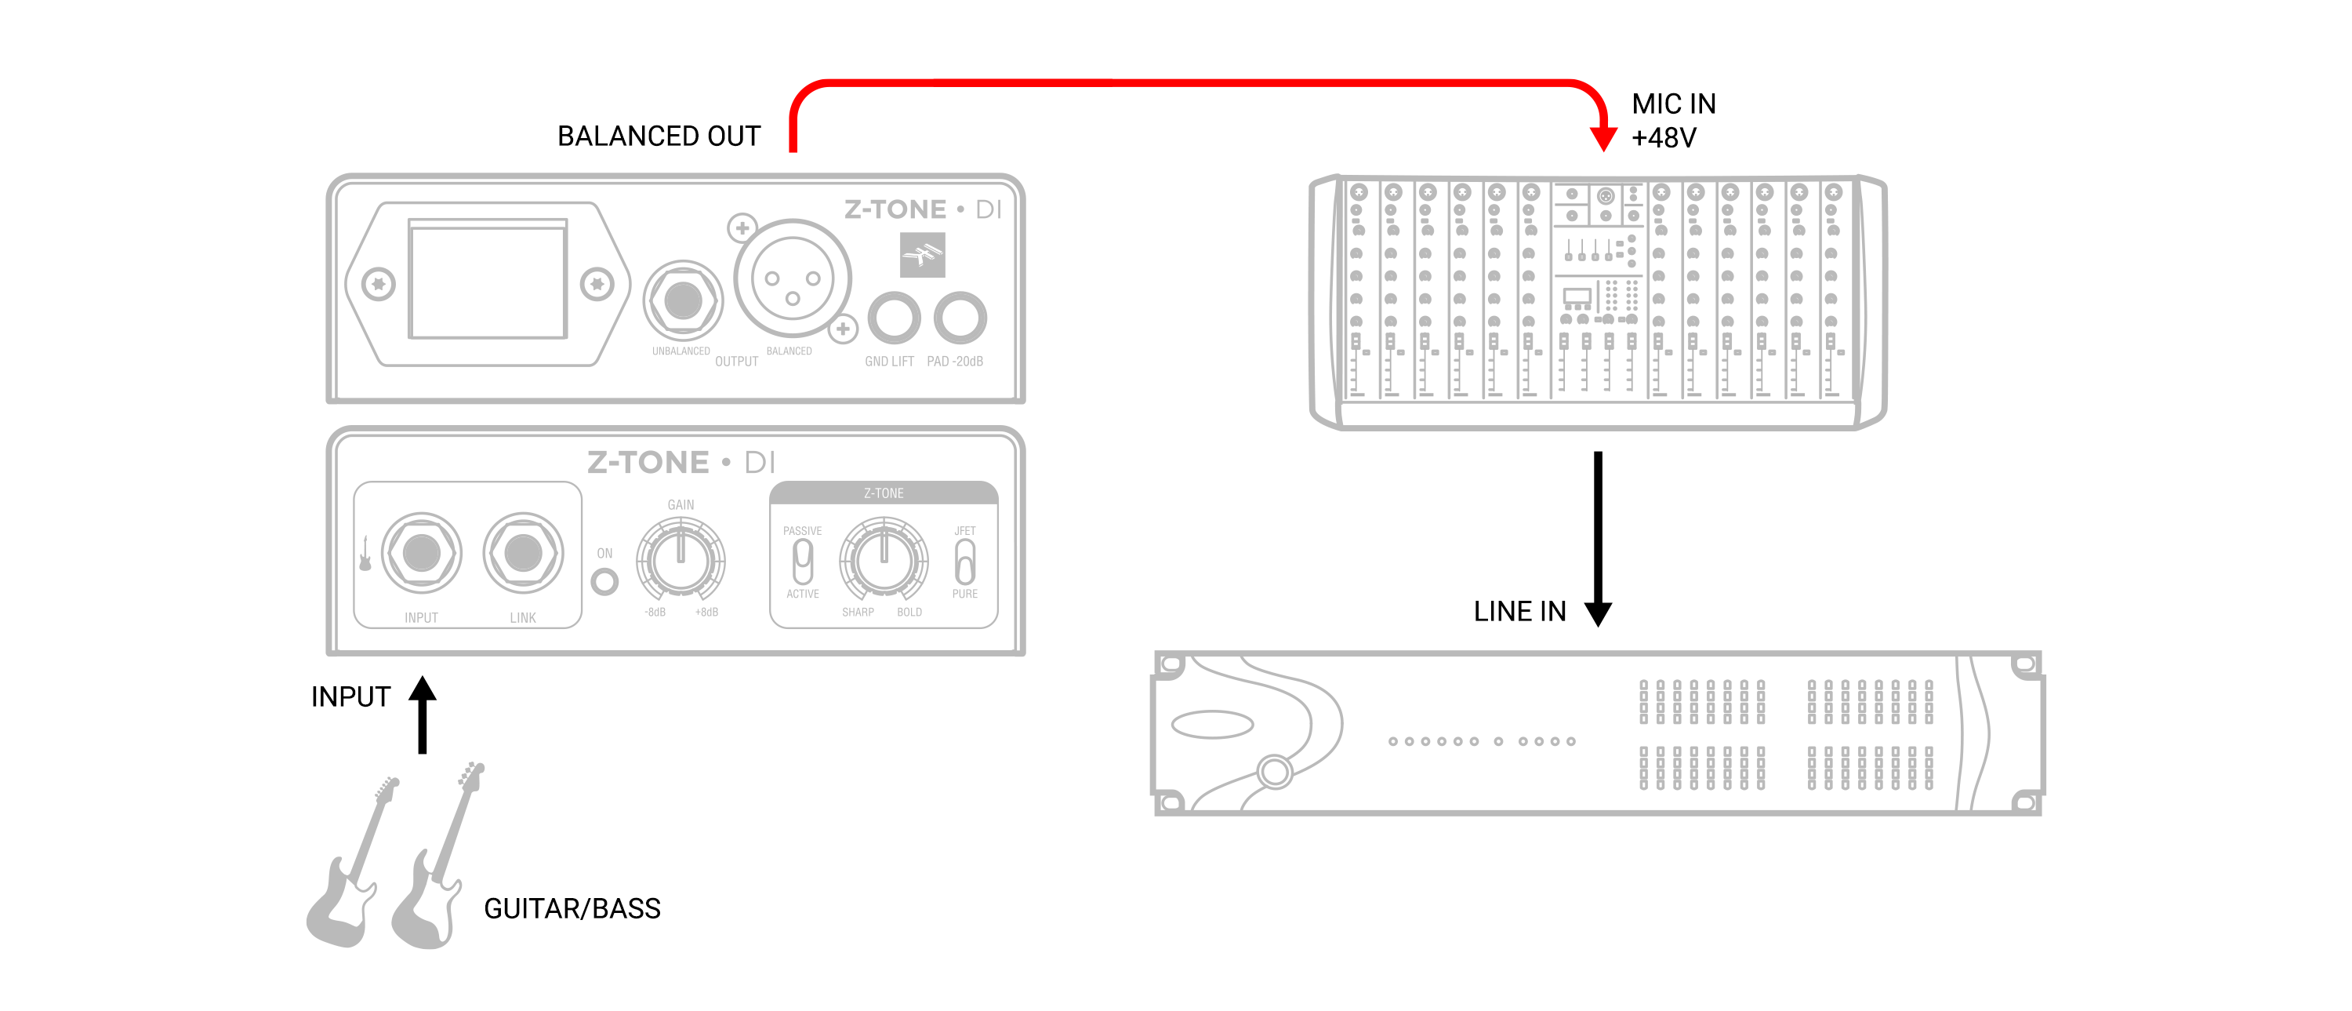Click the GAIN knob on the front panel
[x=681, y=557]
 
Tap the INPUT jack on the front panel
[x=421, y=552]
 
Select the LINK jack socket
[x=523, y=552]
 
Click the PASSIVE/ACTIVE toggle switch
[x=803, y=561]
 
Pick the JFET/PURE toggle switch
[x=964, y=561]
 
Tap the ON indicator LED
[x=604, y=582]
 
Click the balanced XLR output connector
[x=793, y=279]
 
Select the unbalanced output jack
[x=683, y=300]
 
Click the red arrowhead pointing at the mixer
[x=1603, y=138]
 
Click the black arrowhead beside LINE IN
[x=1598, y=613]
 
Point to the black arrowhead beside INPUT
[x=422, y=689]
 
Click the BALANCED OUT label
[x=659, y=136]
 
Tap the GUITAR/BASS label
[x=572, y=909]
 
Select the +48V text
[x=1664, y=138]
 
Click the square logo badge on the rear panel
[x=922, y=254]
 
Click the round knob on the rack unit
[x=1275, y=772]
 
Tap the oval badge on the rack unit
[x=1213, y=724]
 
